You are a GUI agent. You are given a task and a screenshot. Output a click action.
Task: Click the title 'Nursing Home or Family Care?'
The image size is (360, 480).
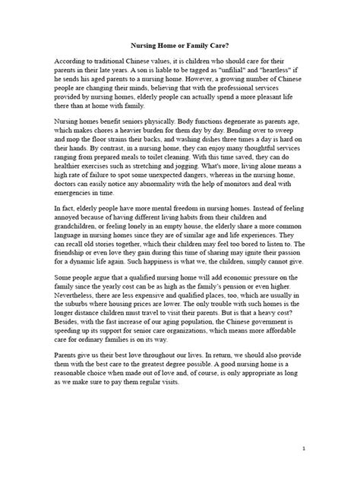pos(179,45)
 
